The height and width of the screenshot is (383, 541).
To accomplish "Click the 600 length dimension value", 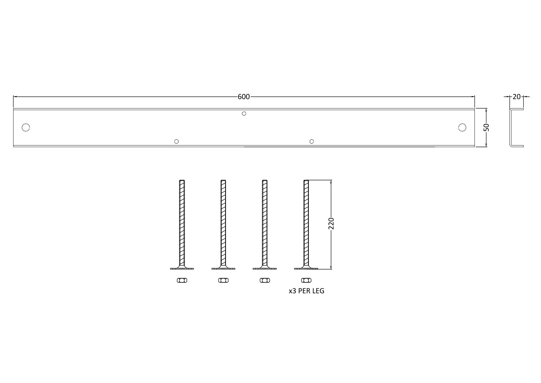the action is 244,97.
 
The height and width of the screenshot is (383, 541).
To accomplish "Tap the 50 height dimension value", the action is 486,127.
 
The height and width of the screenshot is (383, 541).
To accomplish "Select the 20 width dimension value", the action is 516,97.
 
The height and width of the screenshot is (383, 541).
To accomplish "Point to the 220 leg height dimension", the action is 331,224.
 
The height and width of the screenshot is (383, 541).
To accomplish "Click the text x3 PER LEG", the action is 306,291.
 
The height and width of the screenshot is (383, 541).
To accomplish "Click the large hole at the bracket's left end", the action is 26,127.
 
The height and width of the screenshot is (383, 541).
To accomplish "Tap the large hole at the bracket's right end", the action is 462,127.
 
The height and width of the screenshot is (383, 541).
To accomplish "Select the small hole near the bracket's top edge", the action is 244,114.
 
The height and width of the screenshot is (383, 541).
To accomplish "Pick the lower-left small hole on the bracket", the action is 177,141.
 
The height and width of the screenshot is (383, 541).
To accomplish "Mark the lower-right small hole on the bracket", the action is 312,141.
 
